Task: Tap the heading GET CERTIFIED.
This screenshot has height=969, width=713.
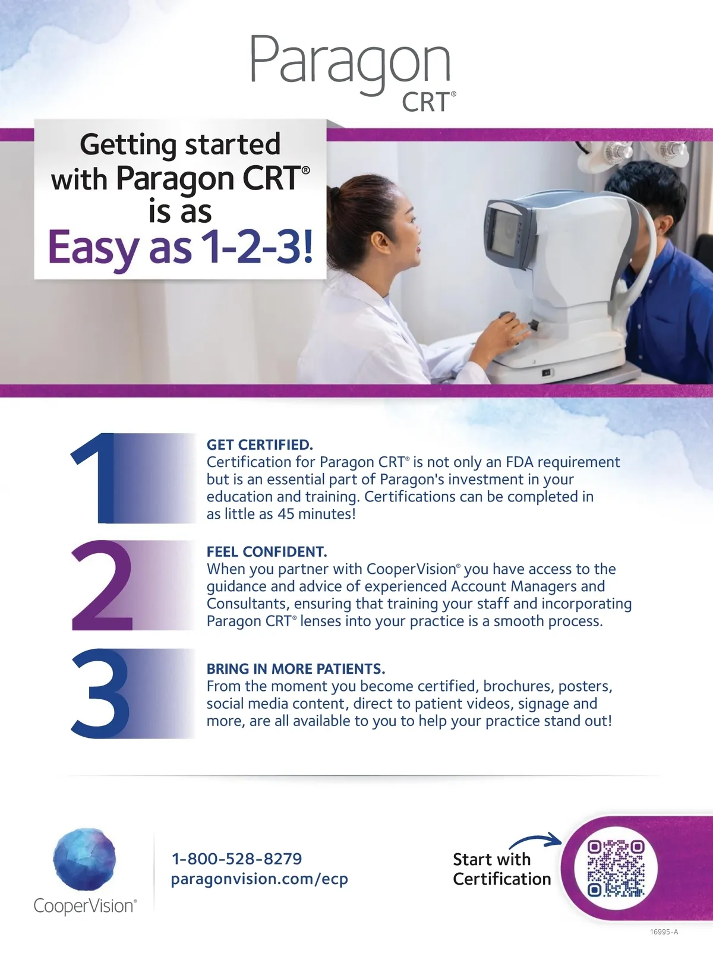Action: [x=260, y=445]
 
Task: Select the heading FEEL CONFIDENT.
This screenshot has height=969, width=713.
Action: [x=267, y=551]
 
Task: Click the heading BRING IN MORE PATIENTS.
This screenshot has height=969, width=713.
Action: [x=295, y=669]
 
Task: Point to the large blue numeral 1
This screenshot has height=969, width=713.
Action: [x=97, y=478]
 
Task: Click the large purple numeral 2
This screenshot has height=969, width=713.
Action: [x=102, y=585]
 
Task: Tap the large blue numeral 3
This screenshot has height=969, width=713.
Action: [x=100, y=693]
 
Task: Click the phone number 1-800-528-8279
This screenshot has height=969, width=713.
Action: [x=236, y=858]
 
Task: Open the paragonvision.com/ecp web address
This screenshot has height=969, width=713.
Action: [x=260, y=879]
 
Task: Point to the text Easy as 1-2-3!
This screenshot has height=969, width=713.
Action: [x=181, y=247]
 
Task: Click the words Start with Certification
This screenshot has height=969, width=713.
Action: [x=502, y=869]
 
